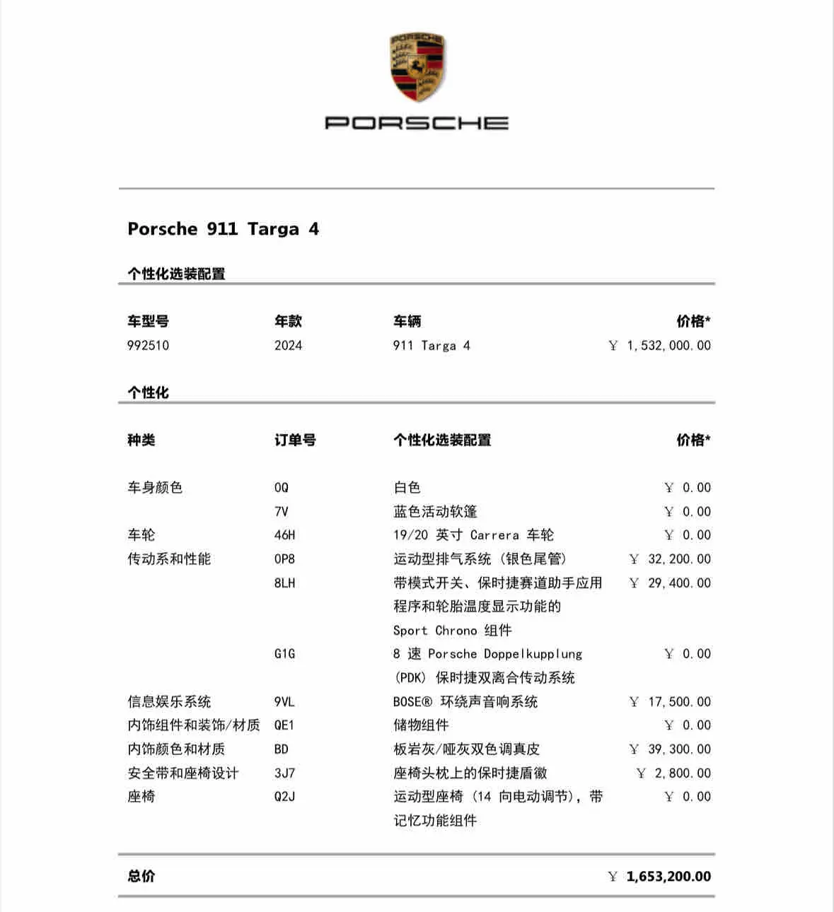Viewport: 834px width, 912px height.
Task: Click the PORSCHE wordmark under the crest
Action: coord(417,123)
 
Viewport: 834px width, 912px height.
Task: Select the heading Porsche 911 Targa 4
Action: coord(223,229)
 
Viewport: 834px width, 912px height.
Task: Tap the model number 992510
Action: coord(148,346)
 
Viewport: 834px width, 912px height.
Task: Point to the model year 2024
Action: coord(288,346)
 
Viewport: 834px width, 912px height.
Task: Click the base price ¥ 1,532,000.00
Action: coord(659,346)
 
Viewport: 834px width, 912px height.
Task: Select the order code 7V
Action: coord(281,512)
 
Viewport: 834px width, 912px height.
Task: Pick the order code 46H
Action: coord(284,535)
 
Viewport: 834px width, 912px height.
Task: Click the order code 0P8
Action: coord(284,559)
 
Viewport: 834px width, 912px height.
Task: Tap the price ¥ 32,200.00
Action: coord(669,559)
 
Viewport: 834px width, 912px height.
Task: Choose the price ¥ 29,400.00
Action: coord(669,583)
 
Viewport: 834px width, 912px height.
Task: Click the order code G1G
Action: coord(284,654)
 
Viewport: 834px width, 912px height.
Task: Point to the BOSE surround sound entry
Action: coord(465,702)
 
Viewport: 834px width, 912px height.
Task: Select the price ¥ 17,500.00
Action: coord(669,702)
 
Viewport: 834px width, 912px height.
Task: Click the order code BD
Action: coord(281,749)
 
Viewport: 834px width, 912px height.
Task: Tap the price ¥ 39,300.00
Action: coord(669,749)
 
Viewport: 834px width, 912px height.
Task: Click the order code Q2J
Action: coord(284,797)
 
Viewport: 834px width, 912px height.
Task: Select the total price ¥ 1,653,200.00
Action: coord(659,877)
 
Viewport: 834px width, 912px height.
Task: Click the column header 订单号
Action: coord(295,440)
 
